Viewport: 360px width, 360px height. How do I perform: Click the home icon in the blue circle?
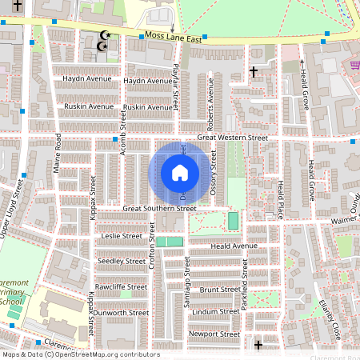pyautogui.click(x=180, y=173)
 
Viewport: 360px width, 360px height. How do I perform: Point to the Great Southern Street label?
pyautogui.click(x=158, y=208)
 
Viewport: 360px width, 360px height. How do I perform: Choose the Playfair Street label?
pyautogui.click(x=175, y=88)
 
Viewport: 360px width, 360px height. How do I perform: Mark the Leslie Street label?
pyautogui.click(x=121, y=236)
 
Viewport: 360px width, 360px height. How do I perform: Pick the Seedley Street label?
pyautogui.click(x=121, y=261)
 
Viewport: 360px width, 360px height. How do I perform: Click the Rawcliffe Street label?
pyautogui.click(x=121, y=286)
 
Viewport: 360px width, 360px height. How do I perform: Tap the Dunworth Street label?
pyautogui.click(x=121, y=312)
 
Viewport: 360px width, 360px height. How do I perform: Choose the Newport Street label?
pyautogui.click(x=214, y=334)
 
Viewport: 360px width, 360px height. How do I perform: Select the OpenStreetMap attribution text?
pyautogui.click(x=80, y=354)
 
